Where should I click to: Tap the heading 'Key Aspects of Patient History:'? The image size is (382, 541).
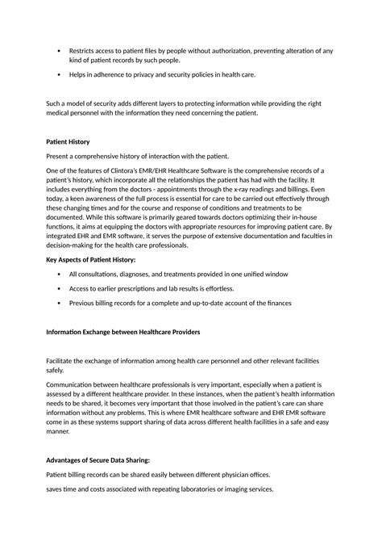point(90,260)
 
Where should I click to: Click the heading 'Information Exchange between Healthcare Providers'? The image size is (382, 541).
point(134,332)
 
